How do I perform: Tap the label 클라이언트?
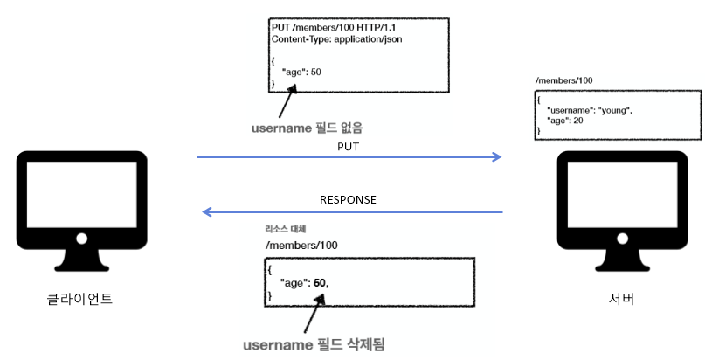(x=79, y=300)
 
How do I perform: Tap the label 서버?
(x=621, y=300)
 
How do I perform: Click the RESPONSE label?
(x=347, y=199)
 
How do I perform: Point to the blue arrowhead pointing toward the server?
(x=497, y=157)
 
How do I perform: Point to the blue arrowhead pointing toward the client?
(x=207, y=211)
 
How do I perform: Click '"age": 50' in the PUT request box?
(x=301, y=72)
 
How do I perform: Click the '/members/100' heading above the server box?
(x=564, y=80)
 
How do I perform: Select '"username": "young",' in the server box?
(x=589, y=110)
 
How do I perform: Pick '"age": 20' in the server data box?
(x=565, y=121)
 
